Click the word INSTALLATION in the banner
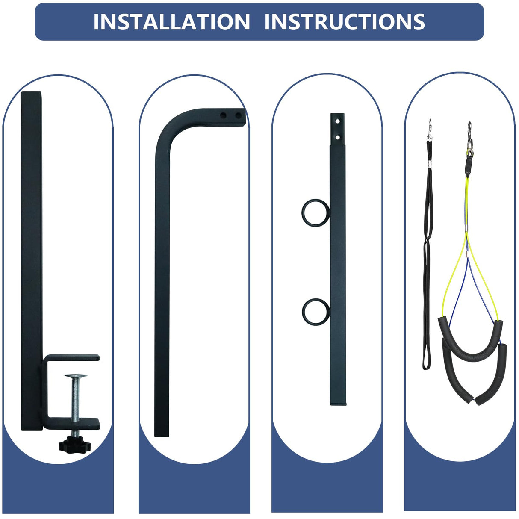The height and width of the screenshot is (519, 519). (171, 21)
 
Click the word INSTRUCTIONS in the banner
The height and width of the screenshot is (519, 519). (345, 21)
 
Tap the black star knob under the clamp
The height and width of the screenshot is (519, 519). (75, 445)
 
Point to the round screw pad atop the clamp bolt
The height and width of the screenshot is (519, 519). (76, 376)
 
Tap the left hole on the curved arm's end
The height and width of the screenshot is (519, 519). (223, 115)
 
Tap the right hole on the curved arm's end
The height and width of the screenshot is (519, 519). (239, 115)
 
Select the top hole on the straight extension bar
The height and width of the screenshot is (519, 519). (337, 121)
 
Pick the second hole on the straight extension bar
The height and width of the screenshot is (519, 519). (337, 137)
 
